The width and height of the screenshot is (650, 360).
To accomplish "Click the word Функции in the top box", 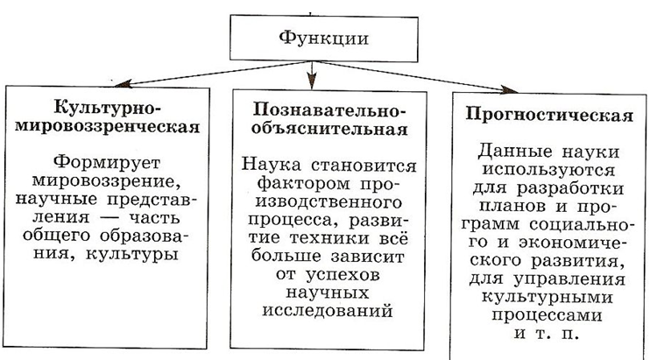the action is (323, 39).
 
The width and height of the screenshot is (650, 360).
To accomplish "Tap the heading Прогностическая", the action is (549, 115).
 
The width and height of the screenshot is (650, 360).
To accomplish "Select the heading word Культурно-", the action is (108, 108).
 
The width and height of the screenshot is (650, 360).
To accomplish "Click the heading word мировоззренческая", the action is (108, 126).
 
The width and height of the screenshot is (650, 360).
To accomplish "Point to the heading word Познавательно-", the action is (329, 110).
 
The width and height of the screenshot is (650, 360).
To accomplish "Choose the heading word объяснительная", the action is (329, 130).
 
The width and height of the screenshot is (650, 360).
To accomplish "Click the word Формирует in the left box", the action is (107, 162).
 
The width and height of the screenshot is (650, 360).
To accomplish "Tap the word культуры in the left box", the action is (131, 253).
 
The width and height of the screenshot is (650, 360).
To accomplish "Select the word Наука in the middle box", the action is (271, 165).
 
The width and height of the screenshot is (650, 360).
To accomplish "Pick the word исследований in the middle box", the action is (328, 310).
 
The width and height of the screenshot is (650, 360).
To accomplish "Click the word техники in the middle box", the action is (329, 238).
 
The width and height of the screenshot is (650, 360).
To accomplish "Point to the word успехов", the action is (343, 275).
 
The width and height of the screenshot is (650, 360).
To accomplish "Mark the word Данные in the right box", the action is (514, 152).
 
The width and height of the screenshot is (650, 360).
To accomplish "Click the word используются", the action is (549, 170).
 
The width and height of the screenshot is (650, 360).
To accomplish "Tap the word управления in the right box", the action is (569, 279).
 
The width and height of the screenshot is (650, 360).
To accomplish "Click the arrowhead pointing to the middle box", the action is (312, 81).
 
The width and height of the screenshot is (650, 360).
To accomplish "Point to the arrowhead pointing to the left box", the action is (124, 83).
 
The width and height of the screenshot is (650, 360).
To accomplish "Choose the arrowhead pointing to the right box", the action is (509, 89).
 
